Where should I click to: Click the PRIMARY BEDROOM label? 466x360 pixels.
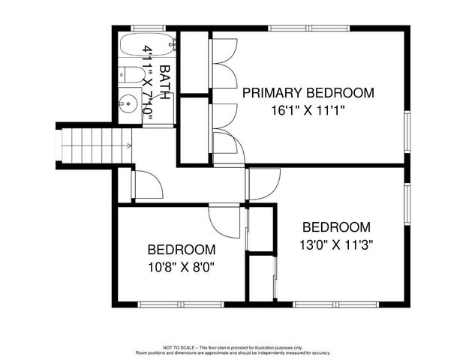[x=308, y=93]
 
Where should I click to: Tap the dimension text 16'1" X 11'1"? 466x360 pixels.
[x=308, y=109]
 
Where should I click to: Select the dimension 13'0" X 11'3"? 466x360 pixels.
[x=337, y=244]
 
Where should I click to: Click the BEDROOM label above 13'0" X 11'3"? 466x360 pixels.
[x=337, y=227]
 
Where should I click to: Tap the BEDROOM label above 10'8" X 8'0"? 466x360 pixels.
[x=182, y=250]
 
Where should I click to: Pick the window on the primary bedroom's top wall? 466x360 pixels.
[x=309, y=29]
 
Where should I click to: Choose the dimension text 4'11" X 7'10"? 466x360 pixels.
[x=149, y=82]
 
